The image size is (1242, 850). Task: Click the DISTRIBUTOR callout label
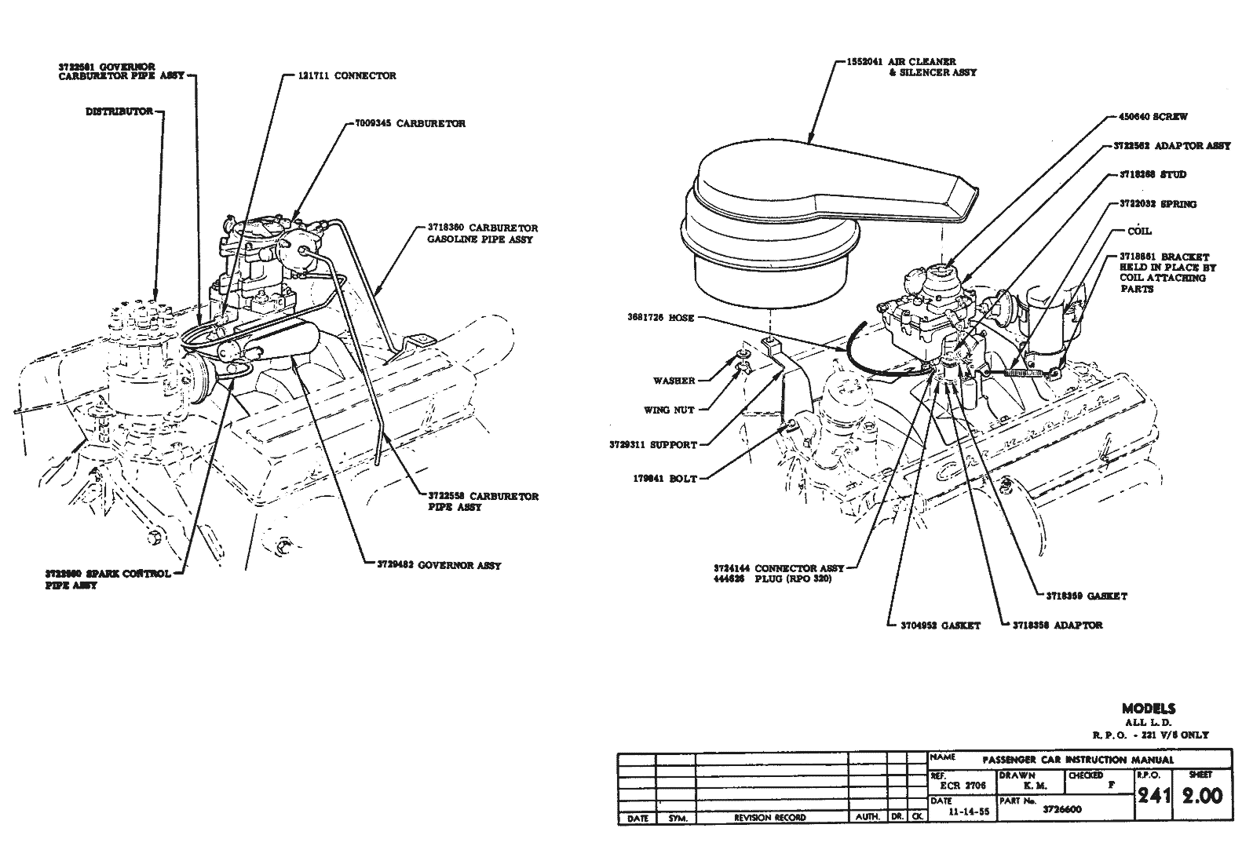pyautogui.click(x=119, y=112)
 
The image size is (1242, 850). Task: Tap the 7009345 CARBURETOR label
pyautogui.click(x=407, y=124)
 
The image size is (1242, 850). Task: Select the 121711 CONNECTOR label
pyautogui.click(x=347, y=76)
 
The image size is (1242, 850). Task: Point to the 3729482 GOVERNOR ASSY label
pyautogui.click(x=433, y=565)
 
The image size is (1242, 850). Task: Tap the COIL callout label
pyautogui.click(x=1139, y=231)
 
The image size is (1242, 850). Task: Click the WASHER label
pyautogui.click(x=674, y=381)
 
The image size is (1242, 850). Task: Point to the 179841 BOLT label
pyautogui.click(x=665, y=478)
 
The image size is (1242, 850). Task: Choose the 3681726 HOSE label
pyautogui.click(x=660, y=318)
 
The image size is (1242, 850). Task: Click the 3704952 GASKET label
pyautogui.click(x=941, y=626)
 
